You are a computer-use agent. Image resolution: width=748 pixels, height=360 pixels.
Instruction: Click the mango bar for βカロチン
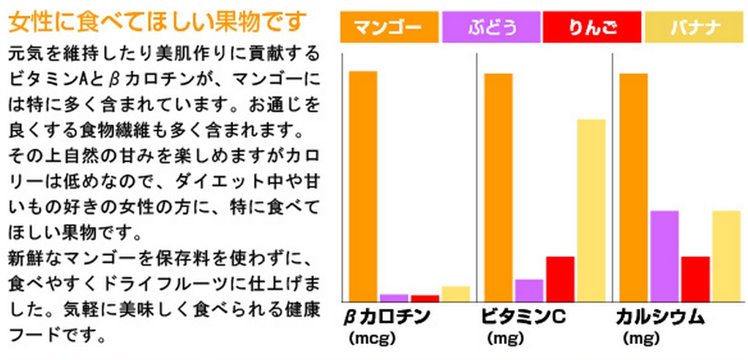pyautogui.click(x=363, y=186)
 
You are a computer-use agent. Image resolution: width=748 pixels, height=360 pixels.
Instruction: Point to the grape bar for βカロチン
pyautogui.click(x=394, y=298)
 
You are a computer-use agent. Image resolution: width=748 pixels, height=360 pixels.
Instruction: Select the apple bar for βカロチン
pyautogui.click(x=425, y=298)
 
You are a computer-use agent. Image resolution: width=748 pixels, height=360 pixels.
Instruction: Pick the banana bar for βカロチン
pyautogui.click(x=456, y=293)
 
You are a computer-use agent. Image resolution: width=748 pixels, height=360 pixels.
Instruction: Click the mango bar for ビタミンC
pyautogui.click(x=498, y=187)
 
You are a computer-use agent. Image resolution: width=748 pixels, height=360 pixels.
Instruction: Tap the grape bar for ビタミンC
pyautogui.click(x=529, y=290)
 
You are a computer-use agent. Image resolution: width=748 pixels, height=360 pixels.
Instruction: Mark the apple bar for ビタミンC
pyautogui.click(x=560, y=279)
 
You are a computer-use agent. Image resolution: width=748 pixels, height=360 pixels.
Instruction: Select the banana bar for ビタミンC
pyautogui.click(x=591, y=210)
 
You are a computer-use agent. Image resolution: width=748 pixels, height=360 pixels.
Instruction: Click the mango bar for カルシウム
pyautogui.click(x=634, y=187)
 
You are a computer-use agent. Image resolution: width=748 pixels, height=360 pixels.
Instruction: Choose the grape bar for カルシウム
pyautogui.click(x=665, y=256)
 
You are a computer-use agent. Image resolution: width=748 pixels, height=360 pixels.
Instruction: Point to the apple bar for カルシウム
pyautogui.click(x=695, y=279)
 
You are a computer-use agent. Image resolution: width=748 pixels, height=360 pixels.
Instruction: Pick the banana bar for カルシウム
pyautogui.click(x=727, y=256)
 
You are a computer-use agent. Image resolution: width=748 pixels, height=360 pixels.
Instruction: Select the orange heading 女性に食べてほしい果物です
pyautogui.click(x=155, y=23)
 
